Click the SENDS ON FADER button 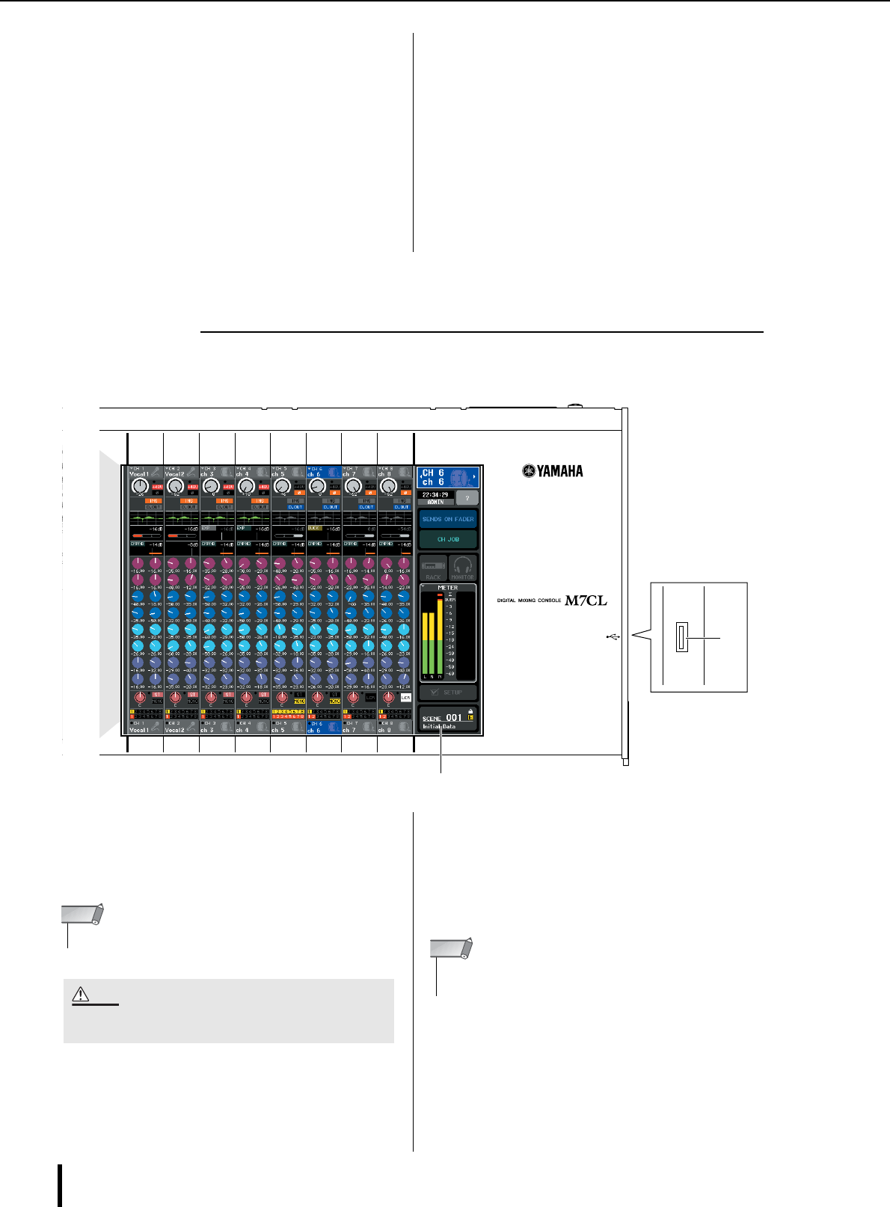pos(448,519)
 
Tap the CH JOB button pos(448,539)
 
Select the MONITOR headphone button pos(463,568)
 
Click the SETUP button pos(447,692)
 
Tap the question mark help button pos(467,498)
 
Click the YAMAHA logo pos(553,471)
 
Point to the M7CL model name pos(586,600)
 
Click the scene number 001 pos(454,718)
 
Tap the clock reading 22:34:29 pos(435,494)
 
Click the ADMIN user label pos(435,502)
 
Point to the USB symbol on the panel pos(612,636)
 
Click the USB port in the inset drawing pos(681,637)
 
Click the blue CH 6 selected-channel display pos(447,478)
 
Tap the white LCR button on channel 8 pos(405,697)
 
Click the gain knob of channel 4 pos(245,486)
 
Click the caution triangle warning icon pos(81,995)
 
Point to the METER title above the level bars pos(447,588)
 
